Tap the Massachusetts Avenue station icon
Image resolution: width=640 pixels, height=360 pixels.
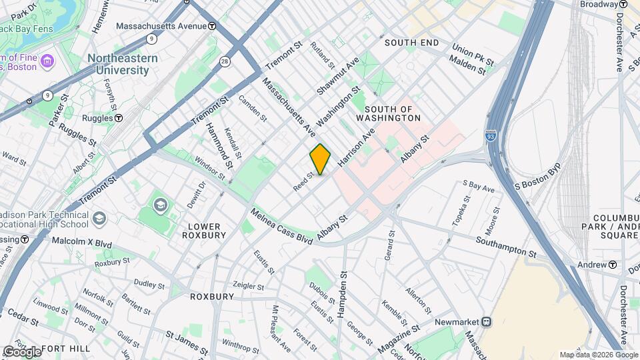(212, 26)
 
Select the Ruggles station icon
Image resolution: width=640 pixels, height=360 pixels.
(118, 118)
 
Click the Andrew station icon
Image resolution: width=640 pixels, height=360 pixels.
(612, 265)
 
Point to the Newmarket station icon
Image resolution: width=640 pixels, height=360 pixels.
(487, 322)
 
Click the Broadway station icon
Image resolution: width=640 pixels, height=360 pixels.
(623, 4)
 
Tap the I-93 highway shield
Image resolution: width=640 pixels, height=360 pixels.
(491, 135)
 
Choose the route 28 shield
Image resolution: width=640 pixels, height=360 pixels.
(225, 61)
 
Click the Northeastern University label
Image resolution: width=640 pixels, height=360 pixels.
(123, 64)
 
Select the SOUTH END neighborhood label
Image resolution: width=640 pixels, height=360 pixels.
(411, 43)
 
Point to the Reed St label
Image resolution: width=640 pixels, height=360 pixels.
(303, 181)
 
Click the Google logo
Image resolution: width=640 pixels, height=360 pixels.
(22, 351)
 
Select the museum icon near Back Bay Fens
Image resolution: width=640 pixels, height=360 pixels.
(47, 62)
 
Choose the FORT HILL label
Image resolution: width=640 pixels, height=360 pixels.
(64, 349)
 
